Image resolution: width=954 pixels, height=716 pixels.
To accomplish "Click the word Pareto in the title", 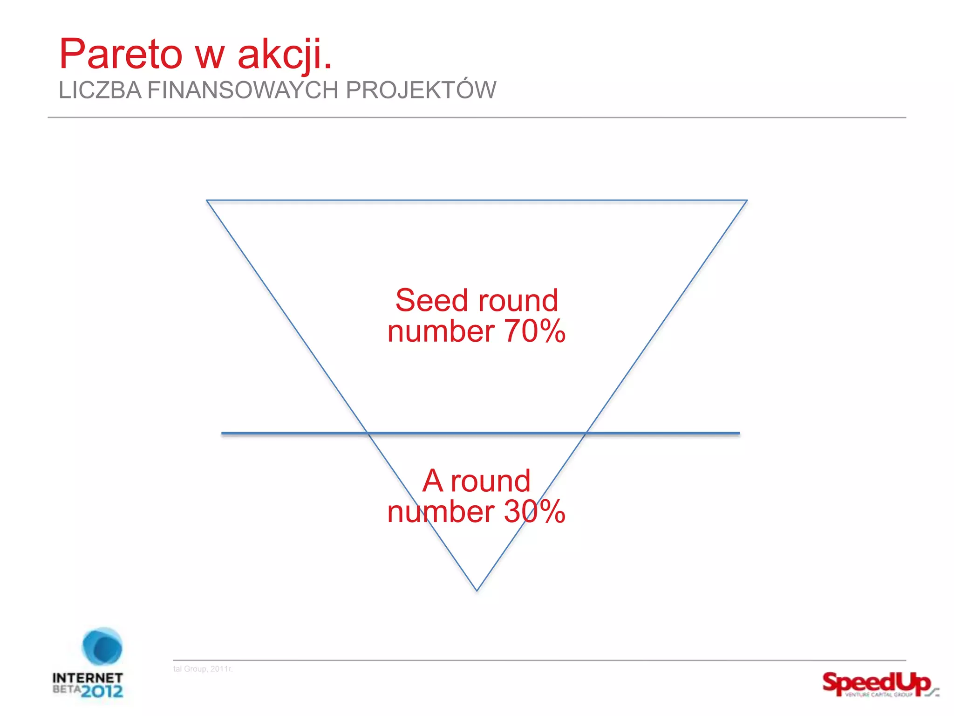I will click(121, 55).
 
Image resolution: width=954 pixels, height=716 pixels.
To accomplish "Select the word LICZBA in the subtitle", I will click(100, 90).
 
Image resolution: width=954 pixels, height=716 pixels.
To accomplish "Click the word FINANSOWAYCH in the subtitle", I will click(243, 90).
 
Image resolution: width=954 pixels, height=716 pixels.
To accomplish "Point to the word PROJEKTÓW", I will click(421, 90).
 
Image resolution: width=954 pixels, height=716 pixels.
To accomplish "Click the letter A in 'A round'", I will click(432, 481).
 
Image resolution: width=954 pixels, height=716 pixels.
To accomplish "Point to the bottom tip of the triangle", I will click(477, 590).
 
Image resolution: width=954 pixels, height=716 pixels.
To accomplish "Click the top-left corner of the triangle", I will click(207, 201).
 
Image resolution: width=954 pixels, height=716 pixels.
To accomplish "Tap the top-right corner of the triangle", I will click(746, 201).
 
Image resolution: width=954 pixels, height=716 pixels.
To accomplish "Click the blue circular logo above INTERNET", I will click(102, 647).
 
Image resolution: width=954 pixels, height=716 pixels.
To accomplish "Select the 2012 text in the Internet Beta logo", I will click(102, 691).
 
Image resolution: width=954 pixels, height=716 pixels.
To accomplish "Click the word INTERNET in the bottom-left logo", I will click(88, 678).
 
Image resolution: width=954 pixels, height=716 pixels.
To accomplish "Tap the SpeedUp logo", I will click(878, 684).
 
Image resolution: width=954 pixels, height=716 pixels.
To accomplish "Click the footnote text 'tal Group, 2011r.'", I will click(203, 669).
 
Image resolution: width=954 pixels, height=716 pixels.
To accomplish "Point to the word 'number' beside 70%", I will click(441, 331).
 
